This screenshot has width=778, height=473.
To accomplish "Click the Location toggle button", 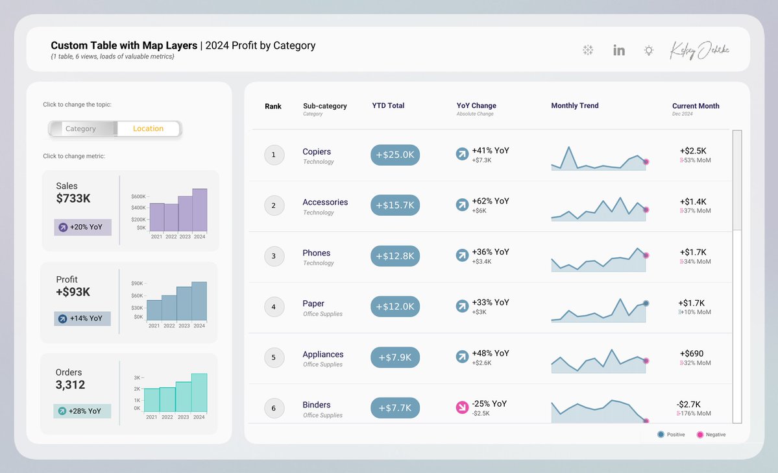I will [x=148, y=129].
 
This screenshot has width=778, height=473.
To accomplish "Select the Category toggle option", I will [x=81, y=129].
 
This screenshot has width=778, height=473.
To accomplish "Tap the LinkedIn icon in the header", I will [x=619, y=50].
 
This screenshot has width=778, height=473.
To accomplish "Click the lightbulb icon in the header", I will [x=648, y=50].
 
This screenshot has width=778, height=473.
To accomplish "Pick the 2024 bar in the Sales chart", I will [x=199, y=211].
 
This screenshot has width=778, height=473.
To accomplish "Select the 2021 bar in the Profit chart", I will [x=154, y=310].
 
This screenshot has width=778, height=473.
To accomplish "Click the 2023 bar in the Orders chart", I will [x=184, y=396].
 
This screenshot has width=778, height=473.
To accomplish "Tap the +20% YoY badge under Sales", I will [x=82, y=227].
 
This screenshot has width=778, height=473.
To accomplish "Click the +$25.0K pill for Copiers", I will [x=395, y=155].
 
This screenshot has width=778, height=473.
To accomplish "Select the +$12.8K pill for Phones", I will [x=395, y=256].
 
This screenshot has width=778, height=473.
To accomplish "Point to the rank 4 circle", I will [x=274, y=307].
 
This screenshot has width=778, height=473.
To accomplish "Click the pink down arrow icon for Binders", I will [x=462, y=407].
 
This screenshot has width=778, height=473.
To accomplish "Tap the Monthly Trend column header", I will [x=574, y=106].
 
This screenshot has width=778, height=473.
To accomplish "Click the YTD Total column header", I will [x=388, y=106].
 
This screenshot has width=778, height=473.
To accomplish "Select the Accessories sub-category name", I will [x=325, y=202].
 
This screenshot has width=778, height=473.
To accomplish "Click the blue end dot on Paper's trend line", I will [x=646, y=303].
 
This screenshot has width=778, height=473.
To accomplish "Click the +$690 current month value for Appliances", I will [x=692, y=353].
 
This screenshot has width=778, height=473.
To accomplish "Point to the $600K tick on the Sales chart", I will [x=138, y=196].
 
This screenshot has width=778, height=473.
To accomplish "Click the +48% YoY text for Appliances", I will [x=490, y=353].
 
